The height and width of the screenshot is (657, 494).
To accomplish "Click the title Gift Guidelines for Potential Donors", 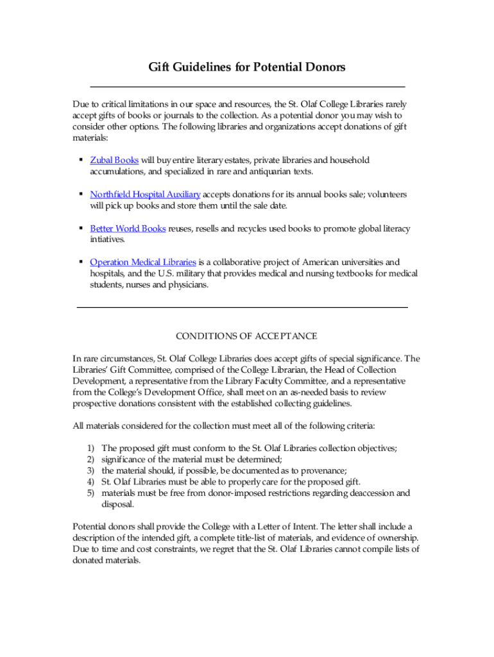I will pos(247,67).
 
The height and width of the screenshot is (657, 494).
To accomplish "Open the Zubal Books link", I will pos(114,160).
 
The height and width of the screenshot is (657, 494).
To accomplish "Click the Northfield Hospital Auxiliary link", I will pos(145,194).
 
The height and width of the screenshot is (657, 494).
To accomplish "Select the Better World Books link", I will pos(128,228).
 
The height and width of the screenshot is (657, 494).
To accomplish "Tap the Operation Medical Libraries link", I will pos(143,262).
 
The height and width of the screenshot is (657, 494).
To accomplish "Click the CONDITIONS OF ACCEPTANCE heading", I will pos(246,336).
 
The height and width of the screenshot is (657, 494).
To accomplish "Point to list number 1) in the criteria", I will pos(90,448).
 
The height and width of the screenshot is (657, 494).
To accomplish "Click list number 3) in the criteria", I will pos(90,471).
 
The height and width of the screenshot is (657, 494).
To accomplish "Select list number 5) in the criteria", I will pos(90,493).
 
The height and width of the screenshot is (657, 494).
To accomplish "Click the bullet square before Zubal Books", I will pos(80,160).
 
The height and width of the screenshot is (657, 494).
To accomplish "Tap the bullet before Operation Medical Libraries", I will pos(80,262).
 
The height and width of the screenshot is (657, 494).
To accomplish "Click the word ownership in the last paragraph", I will pos(397,538).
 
